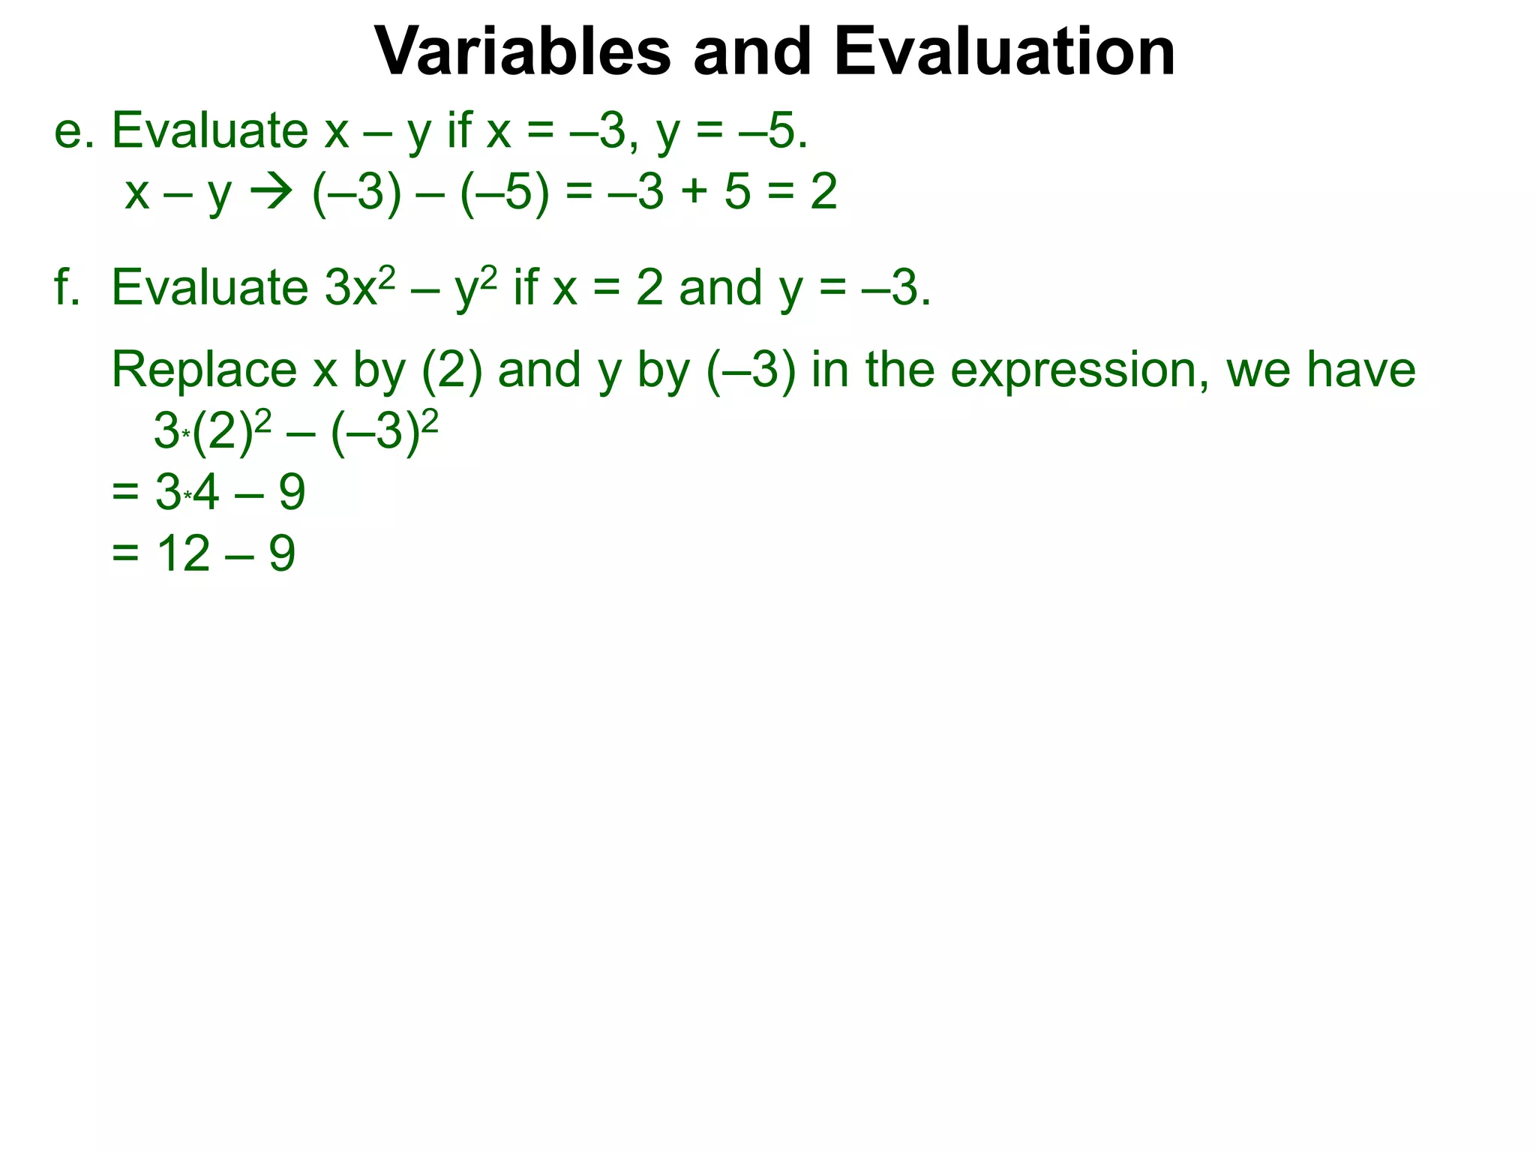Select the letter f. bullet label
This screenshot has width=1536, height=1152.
67,288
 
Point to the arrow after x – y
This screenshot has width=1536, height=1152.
271,192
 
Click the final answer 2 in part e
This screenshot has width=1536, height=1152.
823,192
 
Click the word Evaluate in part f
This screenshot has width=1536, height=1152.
209,288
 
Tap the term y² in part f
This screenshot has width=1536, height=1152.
476,288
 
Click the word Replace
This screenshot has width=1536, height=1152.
204,370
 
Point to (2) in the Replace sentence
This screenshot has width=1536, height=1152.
451,370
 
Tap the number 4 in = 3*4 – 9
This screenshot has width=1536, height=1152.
205,493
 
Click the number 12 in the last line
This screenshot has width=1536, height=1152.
183,554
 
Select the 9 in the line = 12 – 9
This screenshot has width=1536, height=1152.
282,554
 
